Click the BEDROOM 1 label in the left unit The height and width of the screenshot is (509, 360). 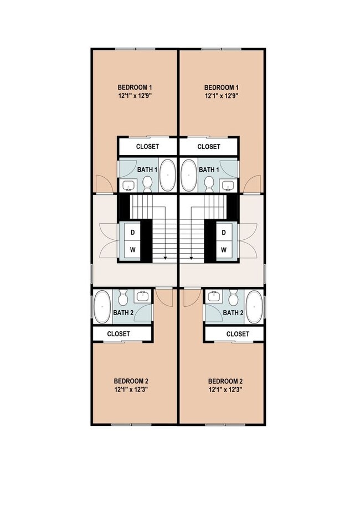135,87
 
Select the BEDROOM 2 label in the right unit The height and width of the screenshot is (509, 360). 225,381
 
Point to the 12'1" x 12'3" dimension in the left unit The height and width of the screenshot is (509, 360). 131,390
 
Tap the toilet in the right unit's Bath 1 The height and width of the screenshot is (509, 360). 209,182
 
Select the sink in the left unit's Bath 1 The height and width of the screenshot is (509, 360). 129,185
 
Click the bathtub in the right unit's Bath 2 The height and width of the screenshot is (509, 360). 254,306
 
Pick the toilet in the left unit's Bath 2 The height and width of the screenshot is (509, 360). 124,299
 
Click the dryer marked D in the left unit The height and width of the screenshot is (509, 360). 133,232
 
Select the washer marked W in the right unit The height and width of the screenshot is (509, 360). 224,250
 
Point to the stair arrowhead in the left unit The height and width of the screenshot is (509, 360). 165,258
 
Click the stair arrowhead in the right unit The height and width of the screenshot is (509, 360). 191,258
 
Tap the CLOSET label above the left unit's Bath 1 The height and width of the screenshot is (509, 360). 147,147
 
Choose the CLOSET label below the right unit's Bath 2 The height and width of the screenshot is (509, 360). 238,334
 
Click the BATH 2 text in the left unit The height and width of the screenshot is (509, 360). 123,313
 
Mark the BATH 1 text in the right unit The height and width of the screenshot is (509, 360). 209,169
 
